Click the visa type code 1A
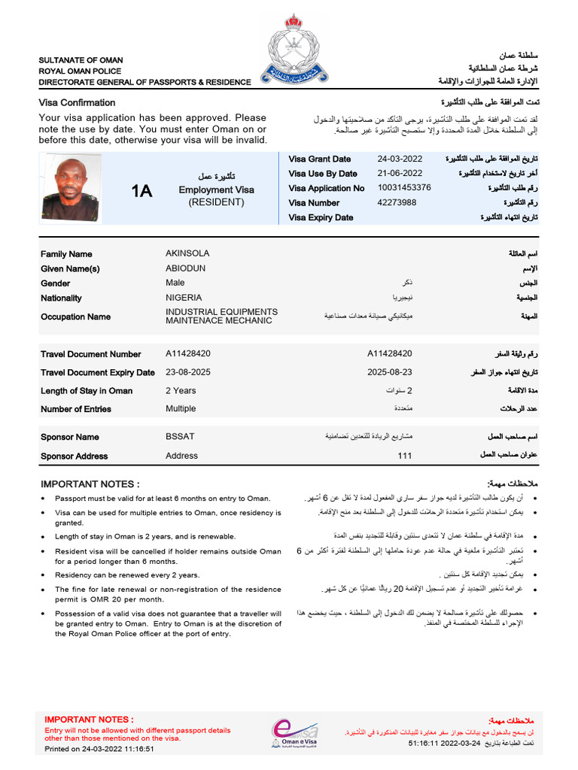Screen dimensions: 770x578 tap(141, 191)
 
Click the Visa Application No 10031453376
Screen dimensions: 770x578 tap(404, 188)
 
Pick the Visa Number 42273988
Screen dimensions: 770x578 tap(397, 202)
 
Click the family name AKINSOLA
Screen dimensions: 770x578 tap(187, 253)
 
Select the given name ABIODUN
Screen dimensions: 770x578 tap(185, 268)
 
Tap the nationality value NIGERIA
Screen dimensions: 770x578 tap(184, 298)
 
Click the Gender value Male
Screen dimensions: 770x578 tap(175, 283)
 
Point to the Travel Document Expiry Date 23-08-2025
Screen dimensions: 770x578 tap(188, 371)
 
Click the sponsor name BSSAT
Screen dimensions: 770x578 tap(180, 437)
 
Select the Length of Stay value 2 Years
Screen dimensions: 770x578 tap(181, 390)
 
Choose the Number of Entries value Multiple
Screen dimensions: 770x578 tap(181, 409)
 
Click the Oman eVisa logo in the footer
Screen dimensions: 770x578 tap(296, 732)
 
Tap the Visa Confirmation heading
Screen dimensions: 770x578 tap(77, 103)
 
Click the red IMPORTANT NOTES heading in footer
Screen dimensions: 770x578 tap(89, 720)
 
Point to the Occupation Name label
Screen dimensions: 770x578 tap(75, 317)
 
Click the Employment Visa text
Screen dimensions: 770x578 tap(216, 190)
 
